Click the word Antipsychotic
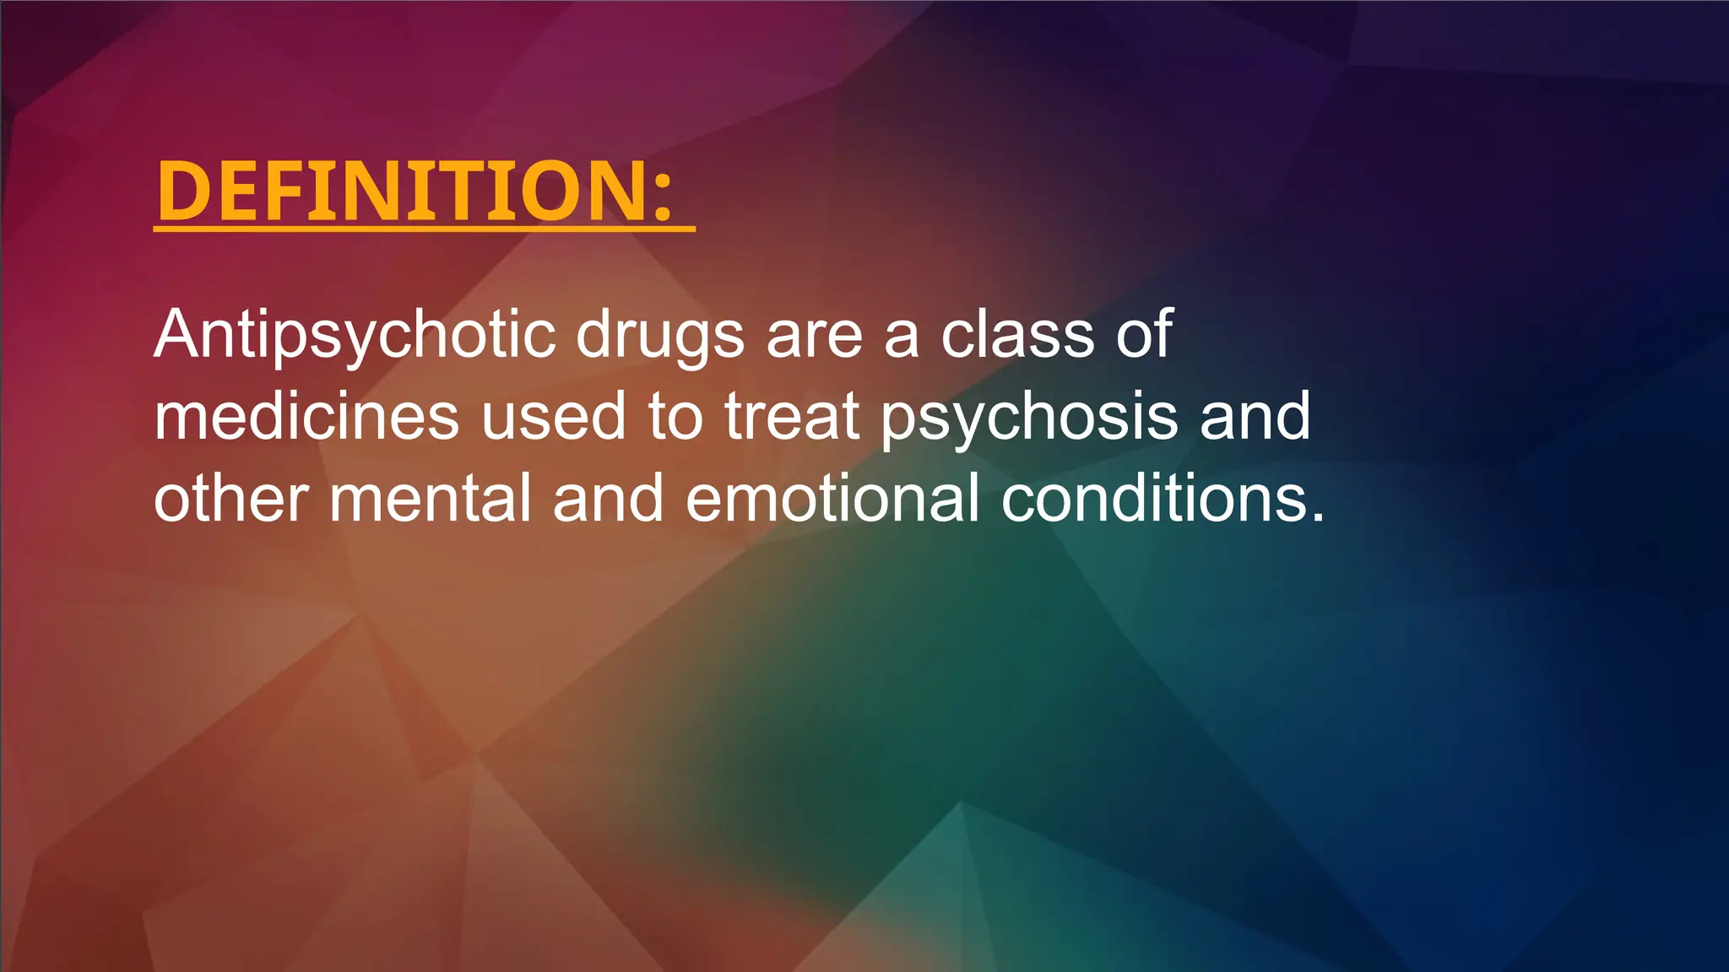[355, 335]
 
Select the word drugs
[660, 335]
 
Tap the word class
[1017, 334]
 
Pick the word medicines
[306, 416]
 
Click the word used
[553, 416]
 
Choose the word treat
[792, 416]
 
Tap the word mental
[431, 498]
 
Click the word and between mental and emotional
[609, 498]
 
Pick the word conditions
[1152, 498]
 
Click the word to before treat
[675, 416]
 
